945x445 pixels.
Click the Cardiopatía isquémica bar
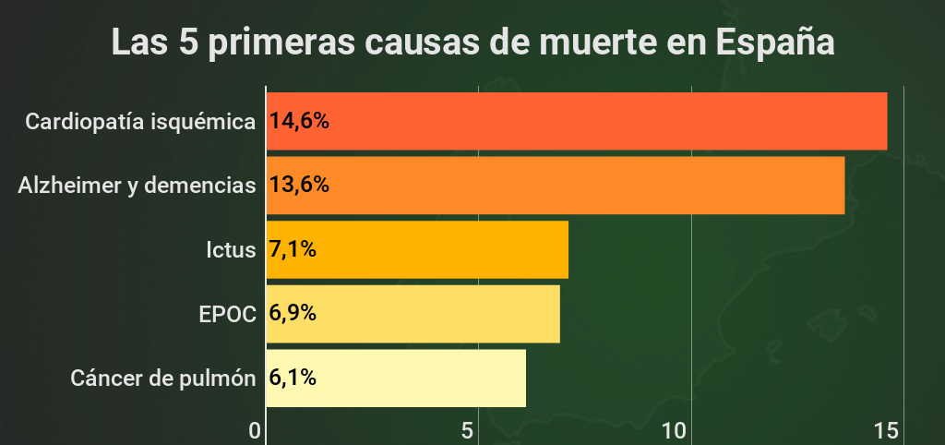[x=577, y=121]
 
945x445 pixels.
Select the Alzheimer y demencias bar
[x=556, y=186]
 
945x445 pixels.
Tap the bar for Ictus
[x=417, y=249]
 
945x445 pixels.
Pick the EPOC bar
[x=413, y=314]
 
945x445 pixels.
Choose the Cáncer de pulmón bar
[x=396, y=379]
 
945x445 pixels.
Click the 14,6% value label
[x=299, y=121]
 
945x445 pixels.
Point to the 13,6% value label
[x=299, y=186]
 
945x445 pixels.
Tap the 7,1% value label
[x=293, y=249]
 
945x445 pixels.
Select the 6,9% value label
[x=293, y=314]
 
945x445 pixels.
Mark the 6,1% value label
[x=293, y=379]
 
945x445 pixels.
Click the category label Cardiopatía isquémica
[x=140, y=122]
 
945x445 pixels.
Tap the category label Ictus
[x=231, y=250]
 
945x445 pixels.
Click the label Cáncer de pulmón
[x=162, y=379]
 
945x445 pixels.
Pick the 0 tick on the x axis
[x=256, y=431]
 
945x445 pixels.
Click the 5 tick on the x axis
[x=468, y=431]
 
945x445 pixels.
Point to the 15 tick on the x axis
[x=886, y=431]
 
